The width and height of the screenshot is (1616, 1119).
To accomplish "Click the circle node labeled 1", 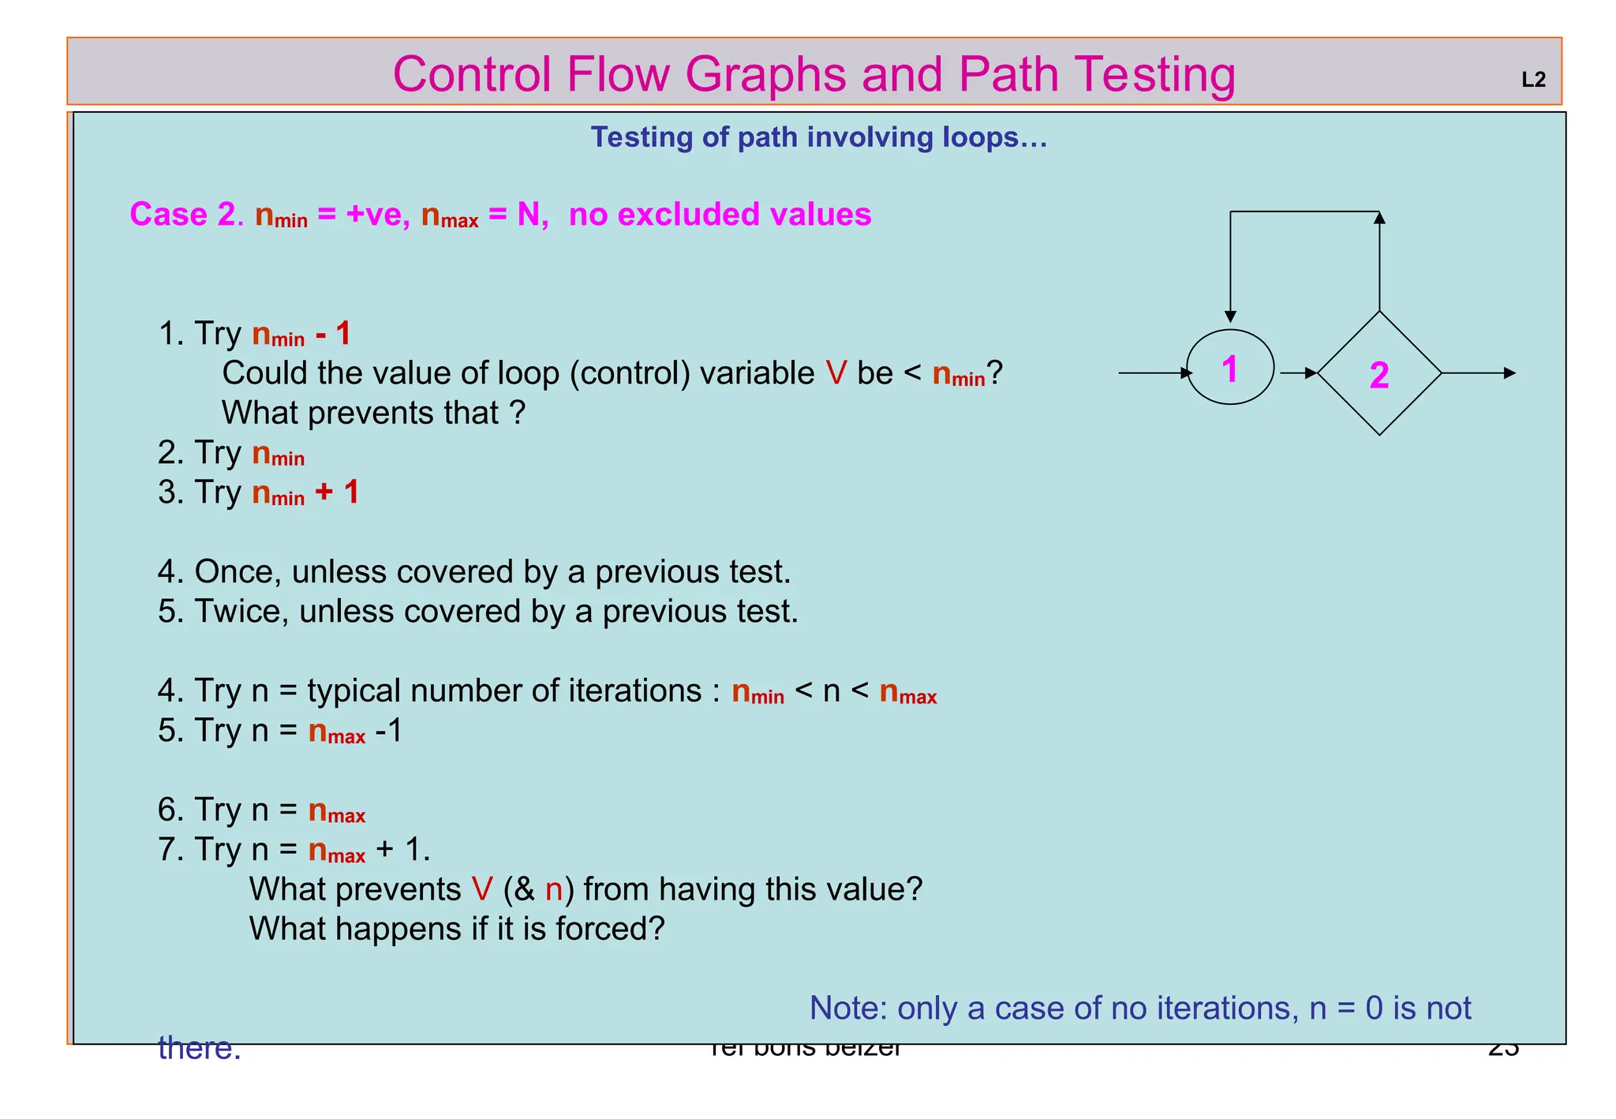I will click(1229, 368).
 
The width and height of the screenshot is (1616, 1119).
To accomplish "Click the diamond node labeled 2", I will click(1378, 374).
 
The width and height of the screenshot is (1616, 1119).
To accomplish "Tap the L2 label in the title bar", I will click(1532, 80).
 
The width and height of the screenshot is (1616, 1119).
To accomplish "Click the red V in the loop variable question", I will click(836, 373).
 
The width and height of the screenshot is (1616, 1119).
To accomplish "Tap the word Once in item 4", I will click(238, 572).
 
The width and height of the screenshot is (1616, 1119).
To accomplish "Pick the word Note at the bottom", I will click(844, 1009).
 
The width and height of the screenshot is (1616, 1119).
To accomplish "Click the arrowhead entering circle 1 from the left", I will click(1187, 373).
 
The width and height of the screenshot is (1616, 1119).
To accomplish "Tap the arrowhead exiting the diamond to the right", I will click(1509, 373).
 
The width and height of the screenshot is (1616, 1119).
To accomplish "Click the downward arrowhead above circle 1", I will click(1230, 316).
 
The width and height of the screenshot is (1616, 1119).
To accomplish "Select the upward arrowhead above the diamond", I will click(1379, 219).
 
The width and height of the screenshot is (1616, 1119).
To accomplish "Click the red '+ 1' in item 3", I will click(337, 492).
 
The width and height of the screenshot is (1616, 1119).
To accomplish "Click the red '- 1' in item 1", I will click(332, 334).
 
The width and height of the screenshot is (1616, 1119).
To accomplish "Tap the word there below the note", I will click(199, 1049).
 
